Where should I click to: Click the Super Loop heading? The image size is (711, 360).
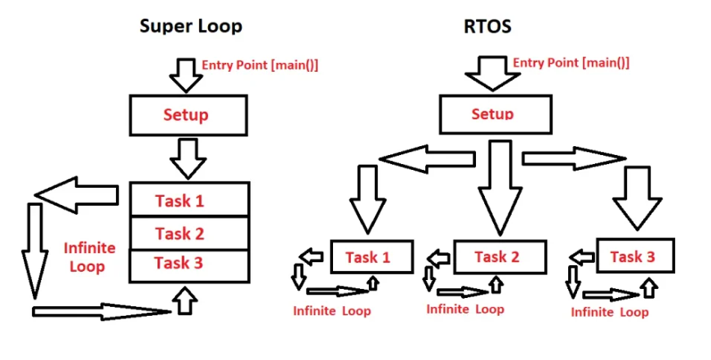pos(191,27)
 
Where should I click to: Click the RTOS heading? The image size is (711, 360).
pos(487,27)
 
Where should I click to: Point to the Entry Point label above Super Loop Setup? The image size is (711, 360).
pos(259,65)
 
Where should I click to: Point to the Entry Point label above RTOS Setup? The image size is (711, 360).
pos(571,62)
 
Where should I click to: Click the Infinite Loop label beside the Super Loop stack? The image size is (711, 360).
pos(89,257)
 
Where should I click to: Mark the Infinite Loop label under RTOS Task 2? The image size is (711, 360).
pos(465,309)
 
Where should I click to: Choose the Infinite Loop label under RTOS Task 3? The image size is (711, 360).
pos(610,312)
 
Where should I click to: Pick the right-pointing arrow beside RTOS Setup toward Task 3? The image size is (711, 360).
pos(574,159)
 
